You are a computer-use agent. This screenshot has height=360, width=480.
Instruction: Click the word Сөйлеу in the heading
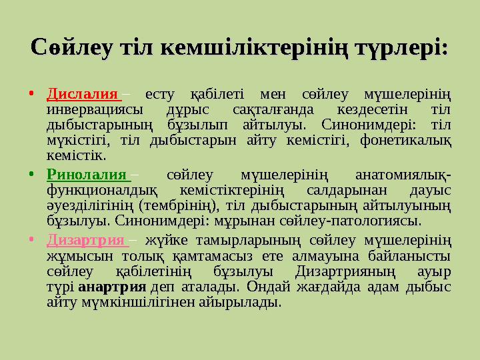(71, 47)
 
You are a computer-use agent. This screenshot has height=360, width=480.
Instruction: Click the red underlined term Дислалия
(83, 94)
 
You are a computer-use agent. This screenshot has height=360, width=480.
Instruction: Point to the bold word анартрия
(112, 287)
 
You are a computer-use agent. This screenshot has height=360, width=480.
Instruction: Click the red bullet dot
(31, 93)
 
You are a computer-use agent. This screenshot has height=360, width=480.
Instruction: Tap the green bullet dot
(31, 174)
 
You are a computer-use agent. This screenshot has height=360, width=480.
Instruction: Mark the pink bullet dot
(31, 239)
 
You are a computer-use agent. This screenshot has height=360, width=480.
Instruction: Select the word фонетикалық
(405, 141)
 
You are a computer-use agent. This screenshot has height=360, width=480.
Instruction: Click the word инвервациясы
(95, 110)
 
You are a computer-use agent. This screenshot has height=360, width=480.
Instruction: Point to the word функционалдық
(102, 191)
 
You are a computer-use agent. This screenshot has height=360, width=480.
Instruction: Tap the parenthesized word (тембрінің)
(179, 206)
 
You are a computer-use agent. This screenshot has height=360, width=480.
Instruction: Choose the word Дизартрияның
(345, 272)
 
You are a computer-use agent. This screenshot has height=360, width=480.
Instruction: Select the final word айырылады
(240, 303)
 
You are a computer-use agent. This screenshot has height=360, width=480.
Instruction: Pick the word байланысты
(409, 256)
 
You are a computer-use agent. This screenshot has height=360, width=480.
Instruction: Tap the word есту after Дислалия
(159, 95)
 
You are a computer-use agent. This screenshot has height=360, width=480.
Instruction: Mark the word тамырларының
(248, 241)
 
